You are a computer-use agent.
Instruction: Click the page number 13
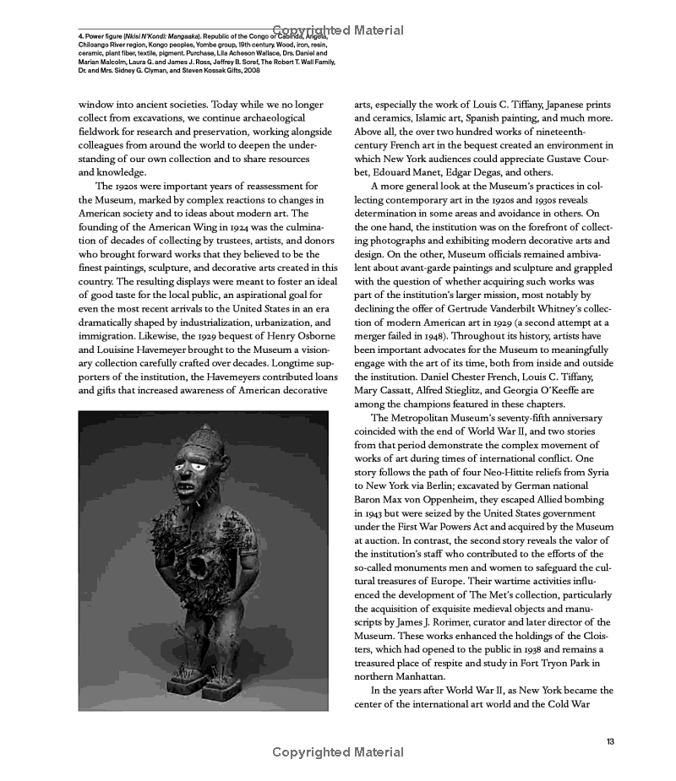(x=609, y=743)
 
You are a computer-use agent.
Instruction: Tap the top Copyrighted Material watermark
(x=338, y=30)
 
